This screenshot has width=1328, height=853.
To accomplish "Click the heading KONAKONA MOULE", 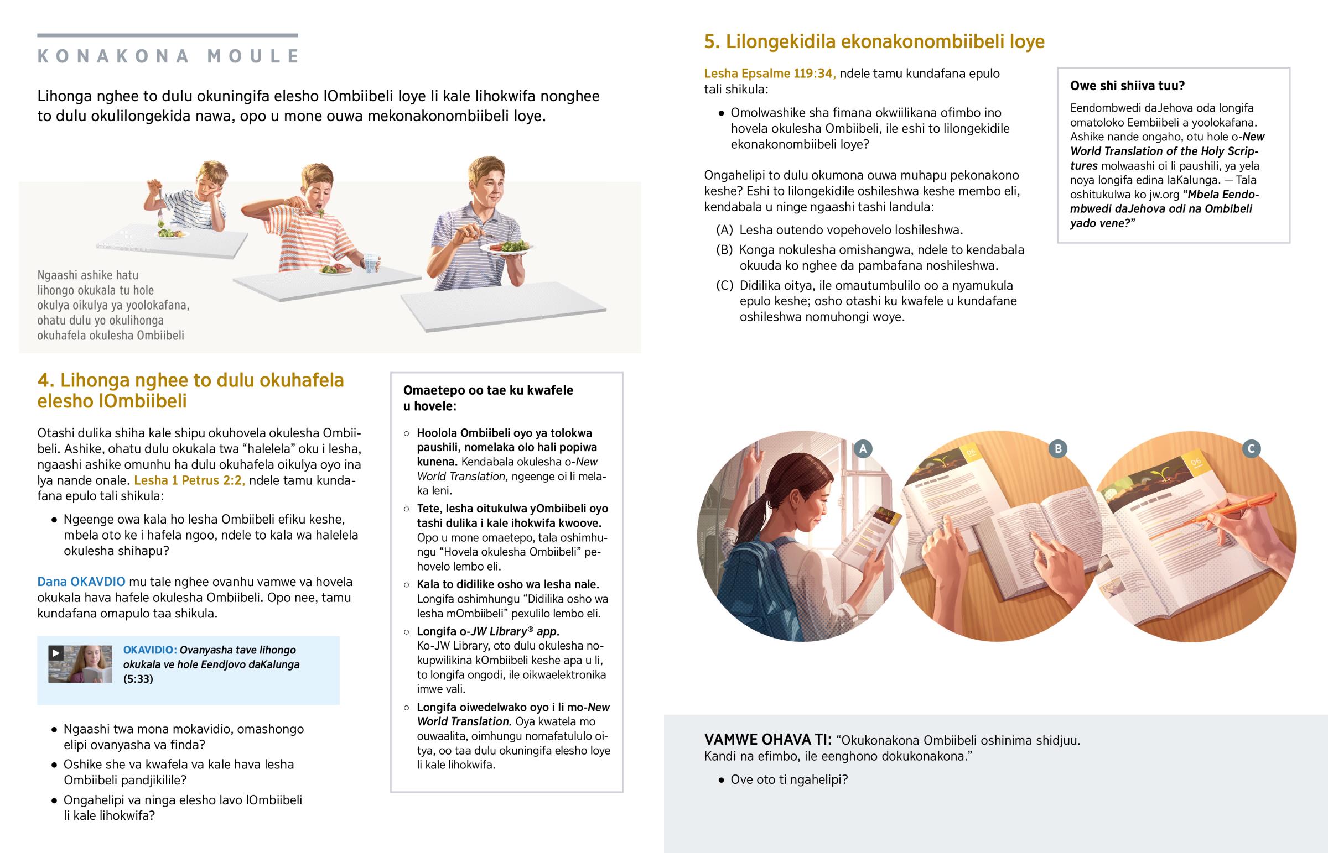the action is (169, 56).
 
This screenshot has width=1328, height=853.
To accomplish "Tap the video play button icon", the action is (55, 653).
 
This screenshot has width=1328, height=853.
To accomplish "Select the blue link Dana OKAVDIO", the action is (81, 582).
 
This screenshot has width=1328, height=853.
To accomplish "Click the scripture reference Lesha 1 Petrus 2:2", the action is (189, 480).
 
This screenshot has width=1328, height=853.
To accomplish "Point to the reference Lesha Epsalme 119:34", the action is (770, 74).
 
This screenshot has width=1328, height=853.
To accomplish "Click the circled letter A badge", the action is (863, 449).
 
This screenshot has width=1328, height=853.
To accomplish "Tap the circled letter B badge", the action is (1057, 449).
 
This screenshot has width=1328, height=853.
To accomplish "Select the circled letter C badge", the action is (1251, 449).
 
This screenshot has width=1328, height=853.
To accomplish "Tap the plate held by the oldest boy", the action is (506, 248).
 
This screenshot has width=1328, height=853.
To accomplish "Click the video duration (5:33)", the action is (138, 679).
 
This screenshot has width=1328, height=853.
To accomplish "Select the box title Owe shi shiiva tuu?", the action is (1127, 86).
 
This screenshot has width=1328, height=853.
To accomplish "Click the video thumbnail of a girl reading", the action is (80, 664).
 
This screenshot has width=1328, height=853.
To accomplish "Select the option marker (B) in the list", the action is (724, 250).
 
